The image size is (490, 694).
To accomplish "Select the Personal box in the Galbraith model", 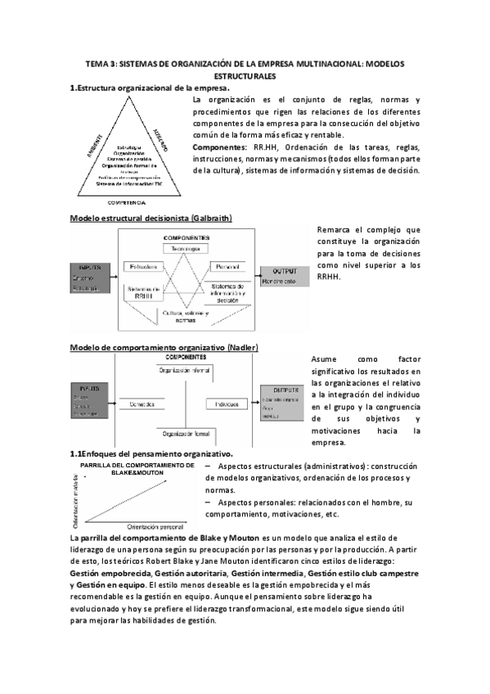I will (x=224, y=268).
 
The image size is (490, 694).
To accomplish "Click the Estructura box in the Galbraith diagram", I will (x=143, y=268).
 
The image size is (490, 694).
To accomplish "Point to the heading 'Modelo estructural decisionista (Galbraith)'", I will (x=151, y=219).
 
